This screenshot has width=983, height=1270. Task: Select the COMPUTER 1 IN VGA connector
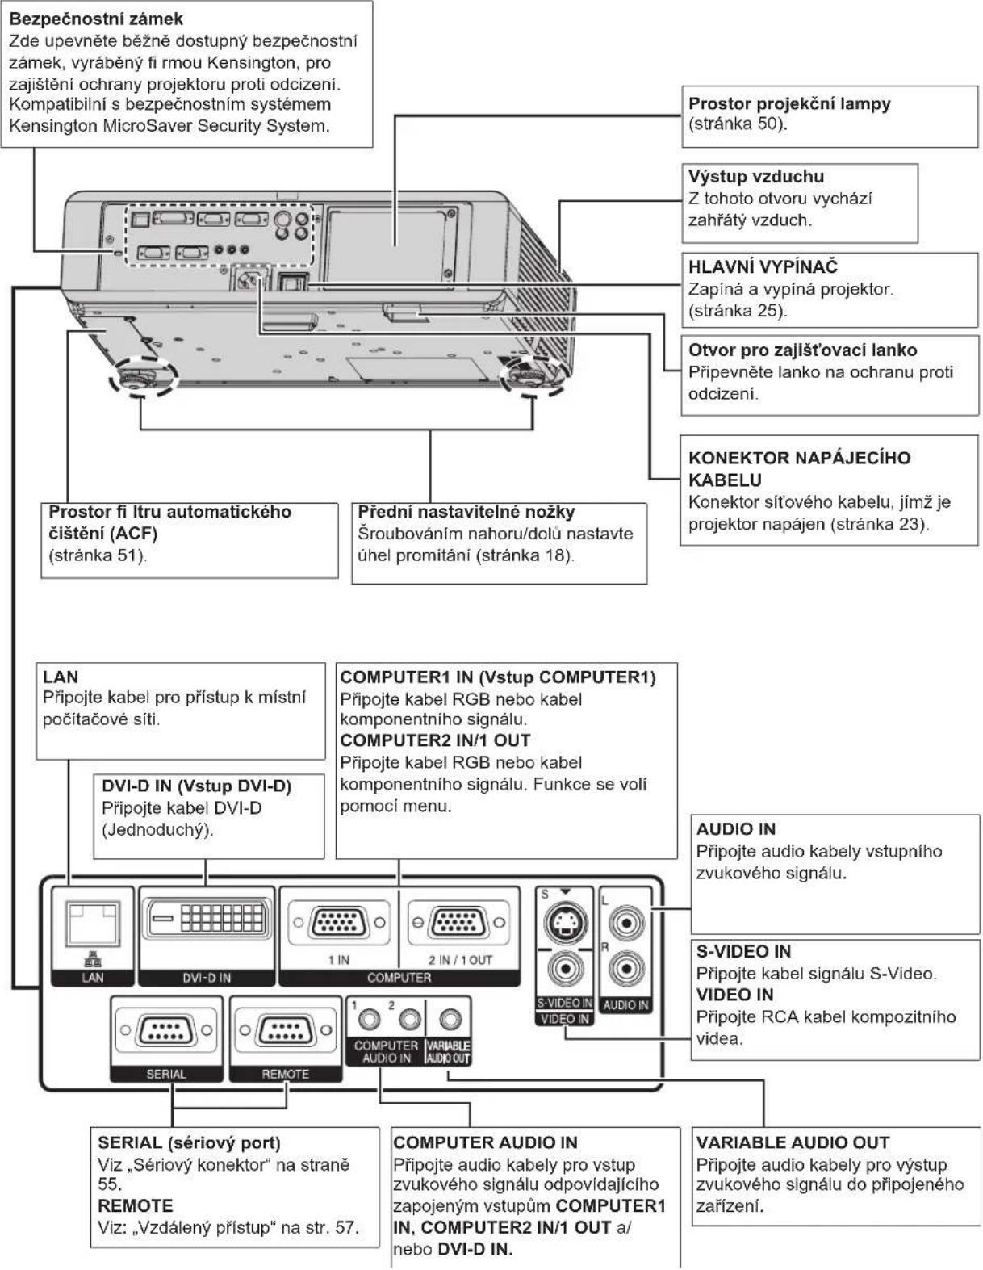click(339, 923)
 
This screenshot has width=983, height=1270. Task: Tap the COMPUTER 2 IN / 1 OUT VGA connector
click(458, 923)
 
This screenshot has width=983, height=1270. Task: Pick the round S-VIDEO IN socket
click(565, 923)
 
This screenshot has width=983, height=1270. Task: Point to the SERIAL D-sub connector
click(166, 1029)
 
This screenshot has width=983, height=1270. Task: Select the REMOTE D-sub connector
click(286, 1029)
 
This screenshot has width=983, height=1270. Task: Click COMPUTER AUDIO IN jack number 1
click(369, 1020)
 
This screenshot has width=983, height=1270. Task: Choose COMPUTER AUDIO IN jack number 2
click(409, 1020)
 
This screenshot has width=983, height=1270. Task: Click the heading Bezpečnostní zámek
click(96, 19)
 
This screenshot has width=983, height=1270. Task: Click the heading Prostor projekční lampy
click(789, 104)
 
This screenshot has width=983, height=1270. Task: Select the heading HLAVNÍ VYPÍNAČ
click(763, 266)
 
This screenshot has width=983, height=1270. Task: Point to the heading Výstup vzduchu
click(755, 176)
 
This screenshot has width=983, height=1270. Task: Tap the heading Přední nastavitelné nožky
click(466, 512)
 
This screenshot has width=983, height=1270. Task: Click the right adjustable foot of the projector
click(532, 374)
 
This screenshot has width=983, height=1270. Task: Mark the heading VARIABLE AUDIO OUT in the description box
click(793, 1142)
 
